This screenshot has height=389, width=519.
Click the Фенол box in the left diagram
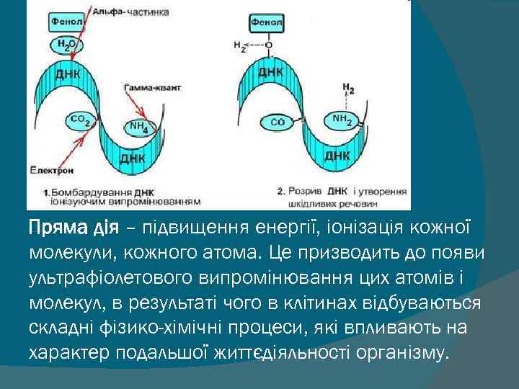coord(66,22)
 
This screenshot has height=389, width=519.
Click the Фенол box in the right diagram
coord(267,22)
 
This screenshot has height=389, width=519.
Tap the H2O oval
coord(67,45)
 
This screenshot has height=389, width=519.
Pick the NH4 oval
coord(138,127)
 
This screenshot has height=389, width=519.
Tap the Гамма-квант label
coord(151,86)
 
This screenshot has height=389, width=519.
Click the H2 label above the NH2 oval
coord(348,89)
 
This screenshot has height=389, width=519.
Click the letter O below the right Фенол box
coord(267,45)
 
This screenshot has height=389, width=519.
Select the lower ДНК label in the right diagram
coord(337,154)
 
